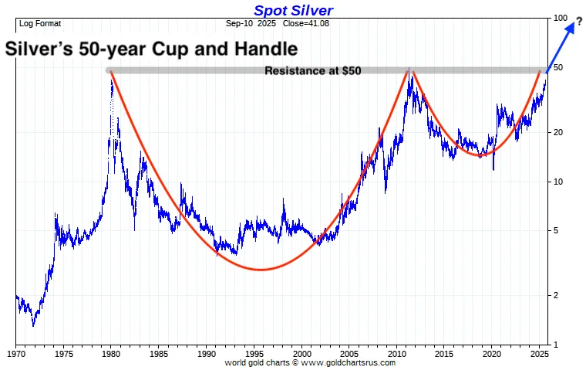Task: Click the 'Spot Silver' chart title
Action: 293,11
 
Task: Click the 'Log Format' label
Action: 39,23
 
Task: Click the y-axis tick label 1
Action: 555,345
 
